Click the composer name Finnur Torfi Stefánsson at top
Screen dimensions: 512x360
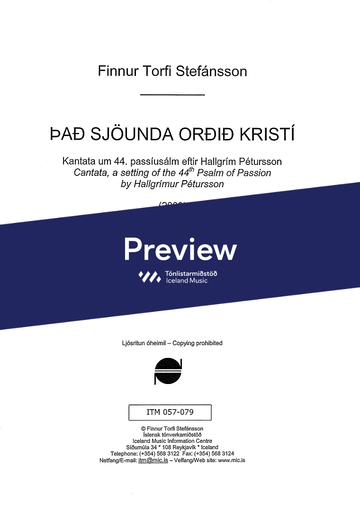172,71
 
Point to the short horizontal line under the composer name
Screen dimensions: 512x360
172,96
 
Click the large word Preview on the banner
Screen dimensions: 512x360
180,249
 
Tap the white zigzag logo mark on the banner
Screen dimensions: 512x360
150,277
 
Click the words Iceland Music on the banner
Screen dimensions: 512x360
187,281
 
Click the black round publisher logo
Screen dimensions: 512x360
169,371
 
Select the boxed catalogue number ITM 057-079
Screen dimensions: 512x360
170,412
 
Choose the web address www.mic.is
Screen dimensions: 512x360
231,460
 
